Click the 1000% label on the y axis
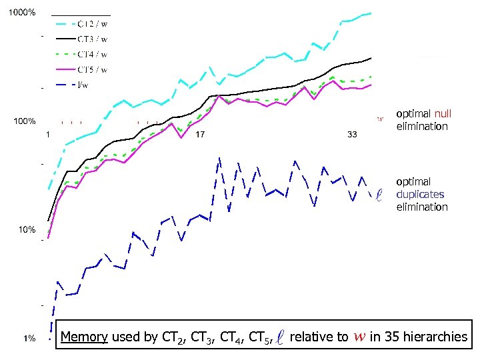pyautogui.click(x=22, y=13)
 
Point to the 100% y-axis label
pyautogui.click(x=25, y=122)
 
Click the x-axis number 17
pyautogui.click(x=199, y=135)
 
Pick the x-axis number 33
pyautogui.click(x=353, y=135)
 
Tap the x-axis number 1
pyautogui.click(x=48, y=135)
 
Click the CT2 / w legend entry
pyautogui.click(x=93, y=25)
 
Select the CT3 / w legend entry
pyautogui.click(x=93, y=39)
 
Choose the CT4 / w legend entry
pyautogui.click(x=93, y=54)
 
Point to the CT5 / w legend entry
pyautogui.click(x=93, y=69)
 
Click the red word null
pyautogui.click(x=443, y=114)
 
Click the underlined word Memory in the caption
pyautogui.click(x=84, y=337)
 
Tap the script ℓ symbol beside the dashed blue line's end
pyautogui.click(x=379, y=195)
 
